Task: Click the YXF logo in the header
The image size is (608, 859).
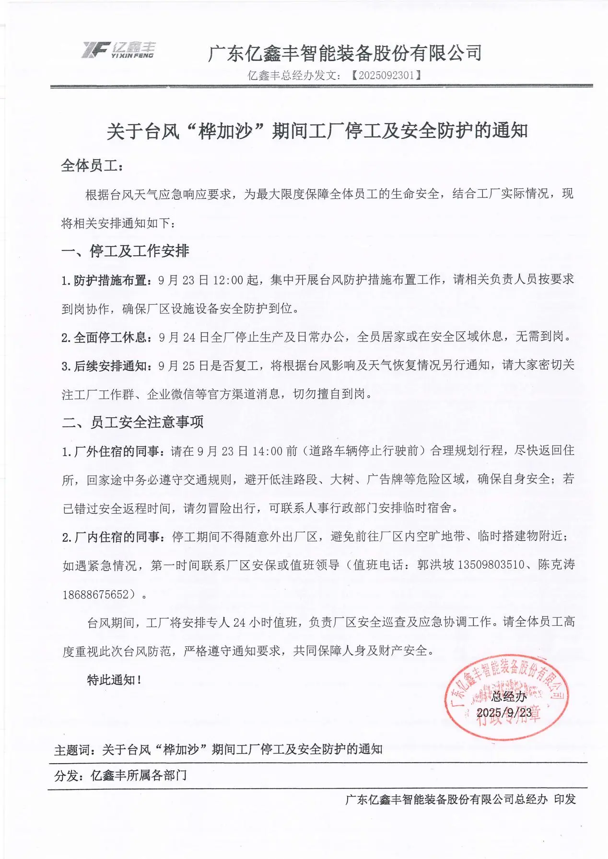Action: [x=118, y=50]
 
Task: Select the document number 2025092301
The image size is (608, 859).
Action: [x=386, y=75]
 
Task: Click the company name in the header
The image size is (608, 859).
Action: [x=345, y=53]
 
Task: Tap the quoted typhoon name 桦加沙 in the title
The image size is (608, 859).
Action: [x=225, y=131]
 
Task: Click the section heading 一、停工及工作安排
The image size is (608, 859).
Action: [x=126, y=251]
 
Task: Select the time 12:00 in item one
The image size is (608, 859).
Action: [x=228, y=280]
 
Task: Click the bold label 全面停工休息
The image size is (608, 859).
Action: [x=109, y=337]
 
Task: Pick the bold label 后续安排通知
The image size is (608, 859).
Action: [x=109, y=366]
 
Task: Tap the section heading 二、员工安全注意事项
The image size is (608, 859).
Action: [x=133, y=422]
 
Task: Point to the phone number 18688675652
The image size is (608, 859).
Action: [x=96, y=595]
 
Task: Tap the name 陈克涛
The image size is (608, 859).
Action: [x=556, y=565]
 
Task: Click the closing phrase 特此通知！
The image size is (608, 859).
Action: [x=114, y=680]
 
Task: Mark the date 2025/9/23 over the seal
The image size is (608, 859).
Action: [x=504, y=712]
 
